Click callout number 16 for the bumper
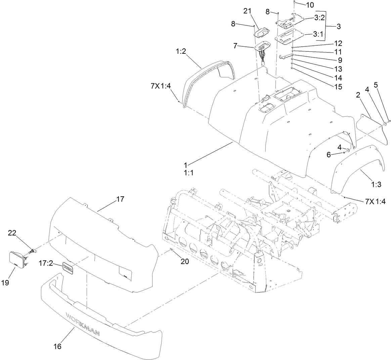pyautogui.click(x=58, y=346)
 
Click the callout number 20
pyautogui.click(x=184, y=261)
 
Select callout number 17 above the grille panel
pyautogui.click(x=120, y=199)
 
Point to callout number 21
pyautogui.click(x=247, y=12)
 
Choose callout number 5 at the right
pyautogui.click(x=376, y=85)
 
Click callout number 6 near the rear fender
pyautogui.click(x=329, y=154)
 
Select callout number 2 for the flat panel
pyautogui.click(x=358, y=95)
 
